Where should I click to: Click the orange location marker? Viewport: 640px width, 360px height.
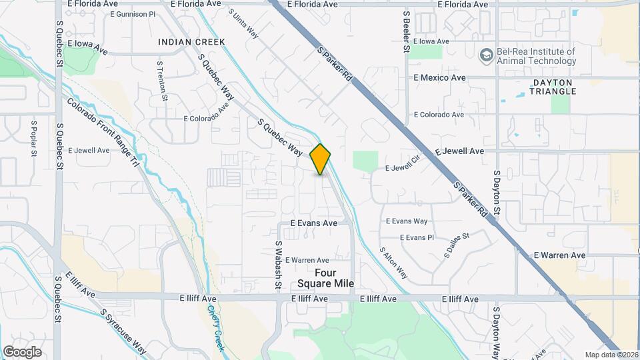tap(321, 159)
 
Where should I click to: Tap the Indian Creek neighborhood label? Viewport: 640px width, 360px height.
tap(191, 42)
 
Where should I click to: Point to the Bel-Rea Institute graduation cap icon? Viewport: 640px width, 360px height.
tap(487, 53)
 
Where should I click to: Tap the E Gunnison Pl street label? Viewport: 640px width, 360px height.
tap(133, 14)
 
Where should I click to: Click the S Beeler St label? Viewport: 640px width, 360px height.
tap(406, 31)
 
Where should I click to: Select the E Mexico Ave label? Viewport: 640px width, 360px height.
tap(439, 78)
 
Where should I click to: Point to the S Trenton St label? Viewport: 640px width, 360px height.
tap(162, 81)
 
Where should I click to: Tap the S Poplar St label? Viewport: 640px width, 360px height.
tap(33, 139)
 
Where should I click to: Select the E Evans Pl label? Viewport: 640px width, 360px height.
tap(417, 237)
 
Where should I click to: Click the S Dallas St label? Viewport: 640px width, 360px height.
tap(458, 245)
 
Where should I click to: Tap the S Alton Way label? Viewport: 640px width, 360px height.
tap(393, 262)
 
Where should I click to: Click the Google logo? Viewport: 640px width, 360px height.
tap(22, 351)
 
